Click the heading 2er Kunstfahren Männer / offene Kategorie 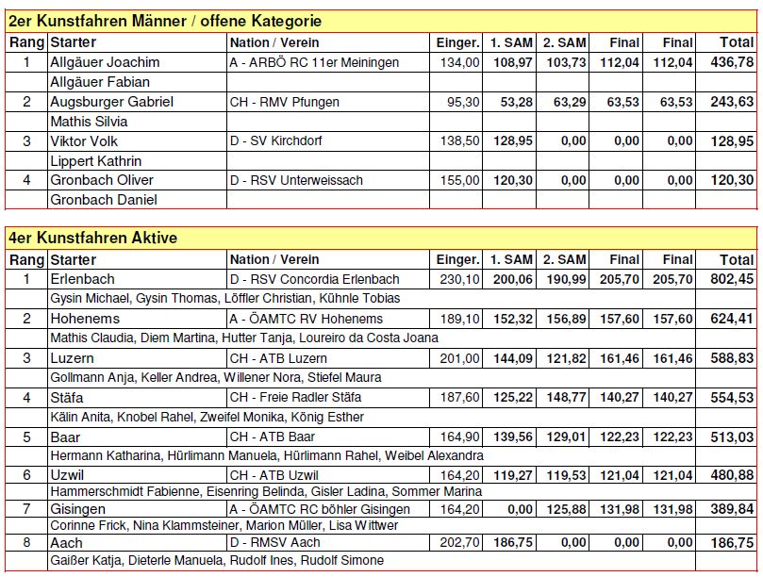point(165,21)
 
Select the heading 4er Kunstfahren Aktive point(92,239)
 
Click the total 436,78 point(732,62)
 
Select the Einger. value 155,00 point(459,180)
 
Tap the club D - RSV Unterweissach point(296,180)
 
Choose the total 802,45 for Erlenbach point(732,279)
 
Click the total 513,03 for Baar point(732,437)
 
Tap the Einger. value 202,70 point(459,543)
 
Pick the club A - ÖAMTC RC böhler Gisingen point(320,509)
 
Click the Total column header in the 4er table point(737,259)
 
